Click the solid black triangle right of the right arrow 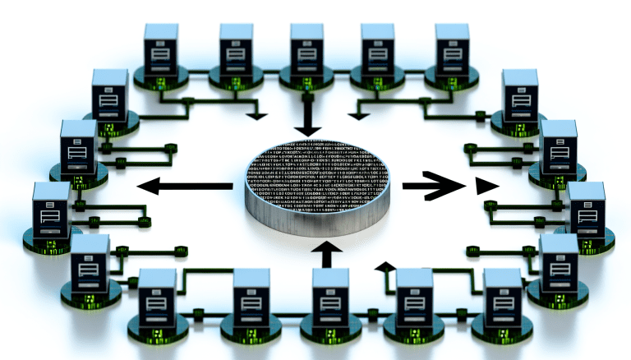(486, 187)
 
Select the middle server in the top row (306, 49)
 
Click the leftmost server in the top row (161, 49)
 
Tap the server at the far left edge (51, 210)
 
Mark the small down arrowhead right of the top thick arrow (355, 113)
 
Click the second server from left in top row (236, 49)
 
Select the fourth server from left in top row (378, 49)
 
